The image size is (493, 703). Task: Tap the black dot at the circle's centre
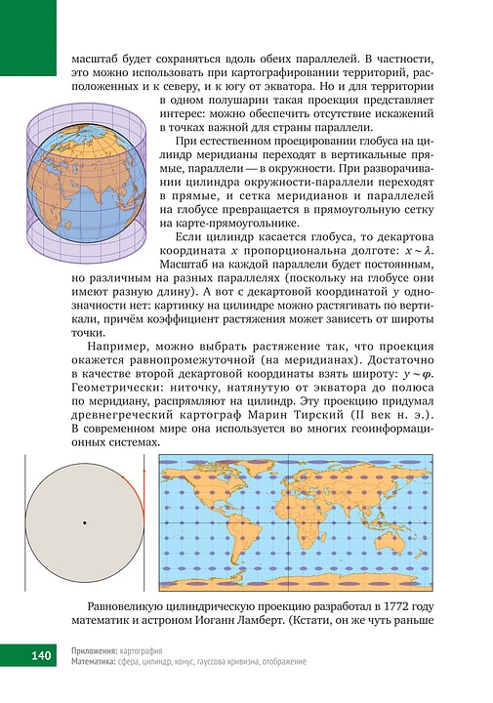click(85, 524)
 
